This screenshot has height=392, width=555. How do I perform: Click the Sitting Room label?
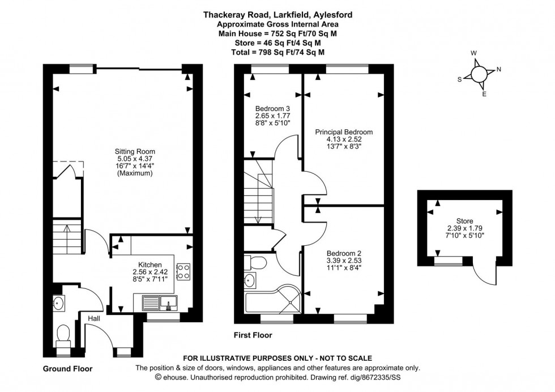135,152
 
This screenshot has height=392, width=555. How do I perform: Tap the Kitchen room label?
151,265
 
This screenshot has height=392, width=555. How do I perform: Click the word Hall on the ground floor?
93,319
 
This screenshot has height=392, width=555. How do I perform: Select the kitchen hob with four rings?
183,271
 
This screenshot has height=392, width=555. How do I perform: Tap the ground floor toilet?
63,333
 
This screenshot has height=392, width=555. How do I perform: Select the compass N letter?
498,70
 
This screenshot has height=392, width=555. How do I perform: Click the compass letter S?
459,80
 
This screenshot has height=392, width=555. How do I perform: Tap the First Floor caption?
253,335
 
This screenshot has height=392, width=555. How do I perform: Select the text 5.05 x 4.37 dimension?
135,159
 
